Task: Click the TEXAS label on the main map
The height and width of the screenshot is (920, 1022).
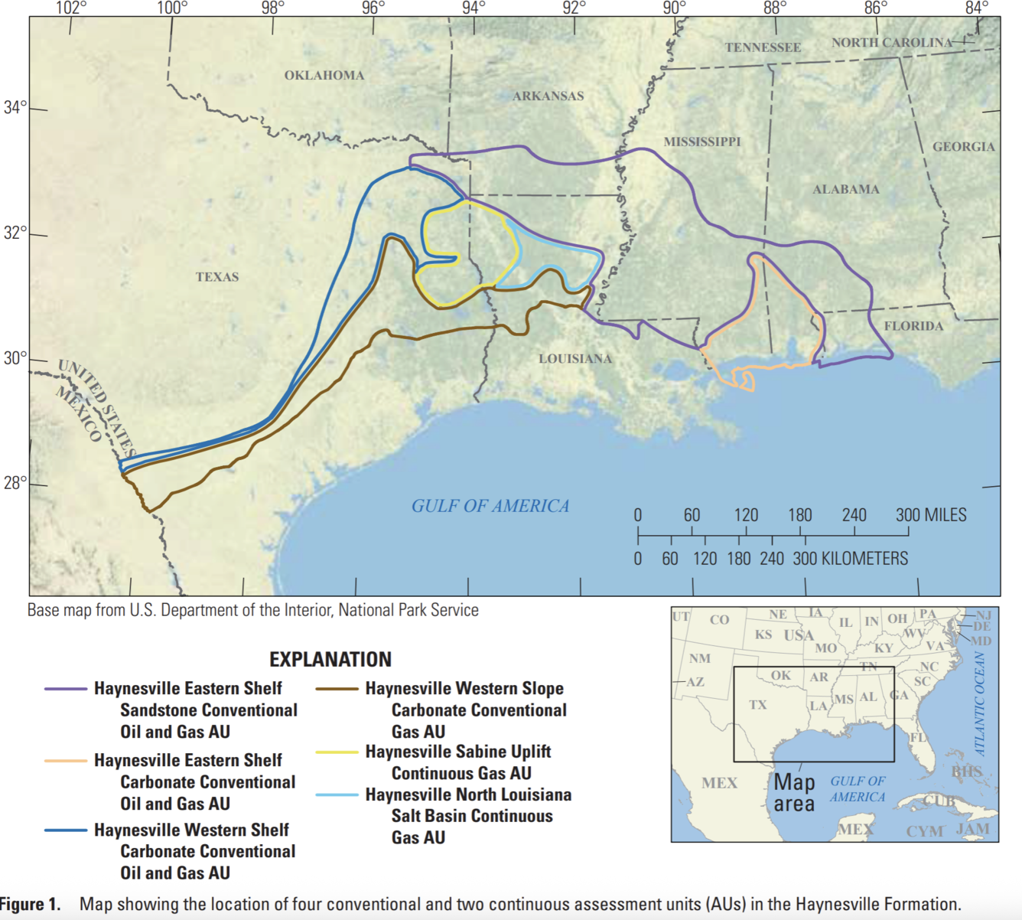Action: (x=217, y=277)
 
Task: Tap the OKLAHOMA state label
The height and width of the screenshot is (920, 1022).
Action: (x=324, y=75)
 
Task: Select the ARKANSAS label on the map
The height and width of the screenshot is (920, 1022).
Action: (x=548, y=96)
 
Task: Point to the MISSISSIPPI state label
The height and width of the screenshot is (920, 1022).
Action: (x=702, y=142)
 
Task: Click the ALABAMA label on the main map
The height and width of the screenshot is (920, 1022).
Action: (x=846, y=189)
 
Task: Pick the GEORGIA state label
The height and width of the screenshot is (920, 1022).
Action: (x=964, y=146)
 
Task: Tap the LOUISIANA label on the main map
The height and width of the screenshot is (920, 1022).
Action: (x=575, y=358)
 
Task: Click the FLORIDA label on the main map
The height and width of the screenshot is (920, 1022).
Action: (x=913, y=326)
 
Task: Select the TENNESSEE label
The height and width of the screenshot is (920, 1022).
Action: (x=763, y=47)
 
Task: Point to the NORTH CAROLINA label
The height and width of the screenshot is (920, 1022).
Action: (x=893, y=43)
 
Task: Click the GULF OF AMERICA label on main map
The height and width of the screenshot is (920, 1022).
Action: (x=490, y=506)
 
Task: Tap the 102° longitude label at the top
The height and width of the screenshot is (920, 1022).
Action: (x=71, y=8)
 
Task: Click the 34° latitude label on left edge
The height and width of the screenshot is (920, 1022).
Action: (x=15, y=107)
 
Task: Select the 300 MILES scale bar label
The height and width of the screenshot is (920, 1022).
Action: (x=931, y=515)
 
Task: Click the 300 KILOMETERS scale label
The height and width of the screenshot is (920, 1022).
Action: (x=850, y=559)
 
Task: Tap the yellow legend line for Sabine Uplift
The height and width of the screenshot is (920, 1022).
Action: (x=337, y=752)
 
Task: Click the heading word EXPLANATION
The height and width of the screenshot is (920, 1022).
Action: (x=330, y=660)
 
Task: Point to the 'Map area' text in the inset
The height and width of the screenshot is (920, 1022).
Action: (x=794, y=793)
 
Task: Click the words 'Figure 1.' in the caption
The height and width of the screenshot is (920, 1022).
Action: (x=31, y=904)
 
